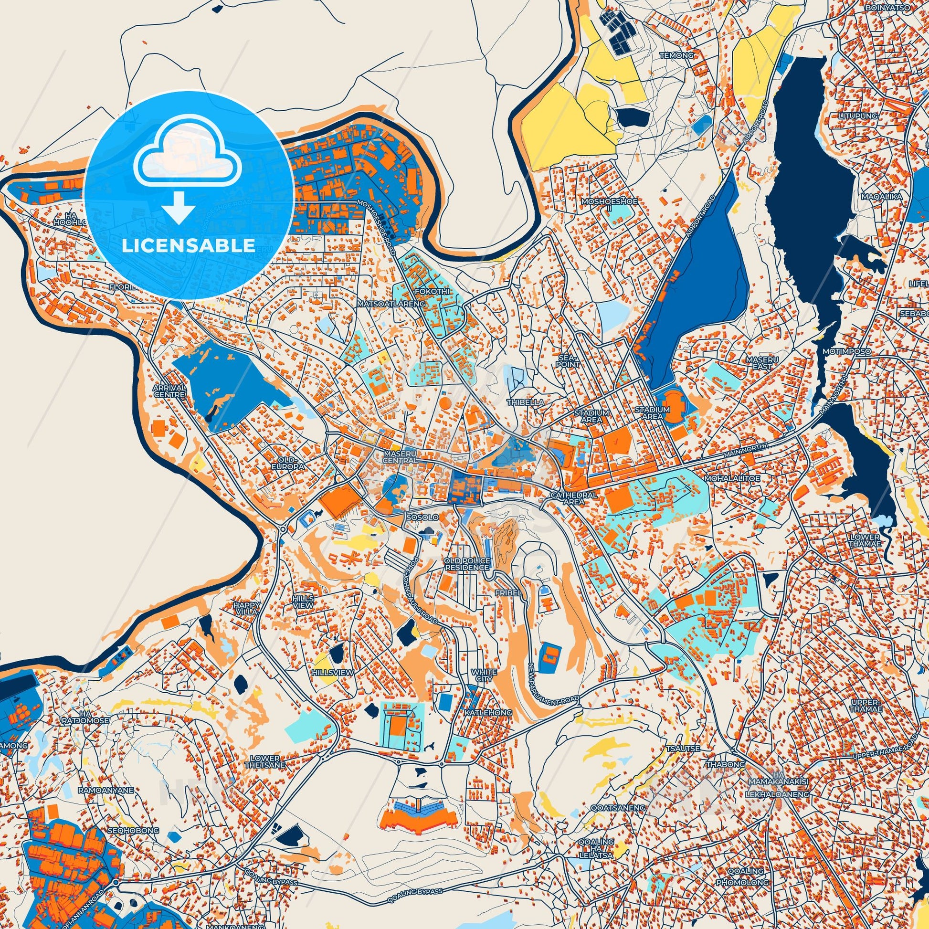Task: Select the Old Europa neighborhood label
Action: point(288,464)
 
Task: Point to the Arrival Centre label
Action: point(169,391)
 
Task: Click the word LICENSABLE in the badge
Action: point(188,246)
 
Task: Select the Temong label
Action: point(676,55)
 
